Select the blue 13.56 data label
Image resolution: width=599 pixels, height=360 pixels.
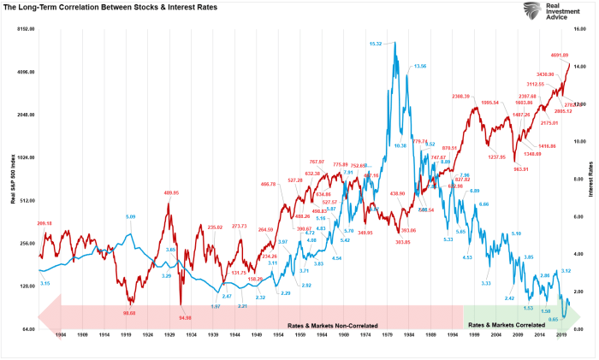click(x=420, y=66)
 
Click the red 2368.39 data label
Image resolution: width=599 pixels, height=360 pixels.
click(x=463, y=96)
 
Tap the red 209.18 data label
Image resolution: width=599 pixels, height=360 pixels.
click(x=44, y=223)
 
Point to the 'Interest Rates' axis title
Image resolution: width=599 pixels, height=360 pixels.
click(x=590, y=180)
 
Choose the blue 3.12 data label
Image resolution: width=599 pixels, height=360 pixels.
click(x=566, y=270)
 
